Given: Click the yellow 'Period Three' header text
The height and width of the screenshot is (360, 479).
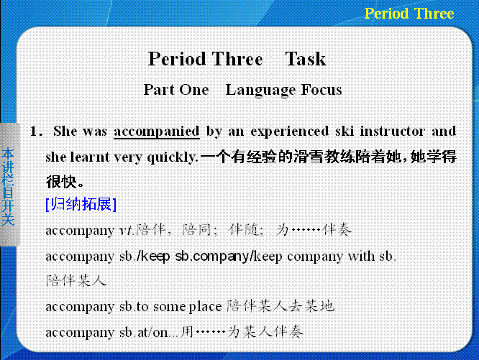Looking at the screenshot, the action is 409,14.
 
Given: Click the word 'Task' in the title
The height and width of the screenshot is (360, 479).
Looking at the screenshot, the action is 306,59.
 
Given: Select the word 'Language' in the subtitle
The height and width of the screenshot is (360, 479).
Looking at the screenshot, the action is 260,91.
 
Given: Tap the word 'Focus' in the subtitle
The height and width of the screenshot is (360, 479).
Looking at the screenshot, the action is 321,89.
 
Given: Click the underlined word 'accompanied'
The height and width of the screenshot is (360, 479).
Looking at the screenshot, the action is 157,131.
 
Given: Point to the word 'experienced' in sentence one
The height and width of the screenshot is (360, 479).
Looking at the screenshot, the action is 290,131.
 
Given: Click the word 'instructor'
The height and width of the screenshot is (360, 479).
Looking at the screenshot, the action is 392,131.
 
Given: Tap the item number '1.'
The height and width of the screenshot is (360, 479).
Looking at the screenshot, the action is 37,131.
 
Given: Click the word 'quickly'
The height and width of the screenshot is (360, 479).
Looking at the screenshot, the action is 173,157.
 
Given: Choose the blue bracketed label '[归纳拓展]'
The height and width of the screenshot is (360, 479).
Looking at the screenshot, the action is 81,204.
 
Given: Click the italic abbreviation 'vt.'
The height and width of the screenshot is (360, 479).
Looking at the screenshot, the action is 127,231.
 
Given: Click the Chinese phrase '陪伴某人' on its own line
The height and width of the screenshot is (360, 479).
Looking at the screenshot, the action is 76,281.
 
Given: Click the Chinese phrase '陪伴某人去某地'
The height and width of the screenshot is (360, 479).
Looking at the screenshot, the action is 280,306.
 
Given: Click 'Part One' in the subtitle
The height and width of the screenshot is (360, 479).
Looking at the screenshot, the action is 176,90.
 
